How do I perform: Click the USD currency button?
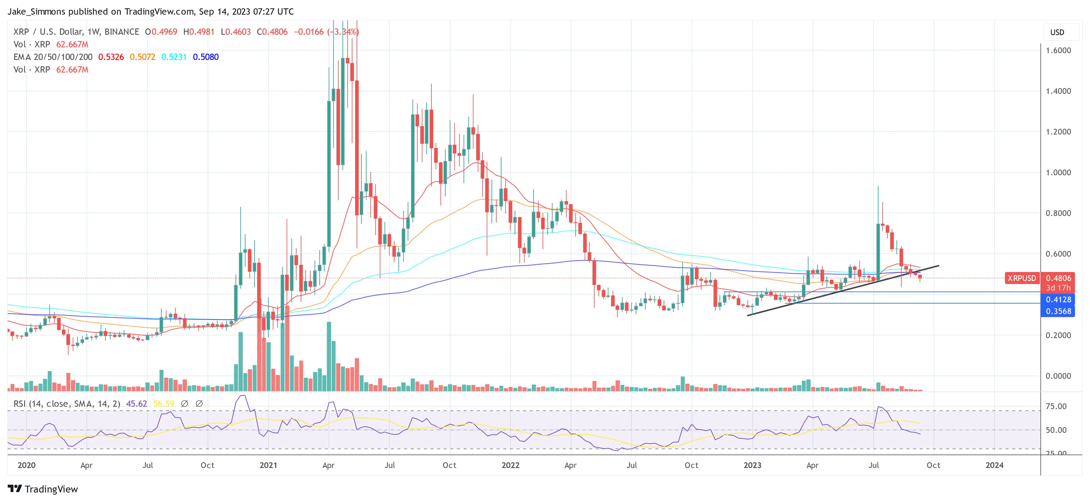tap(1057, 32)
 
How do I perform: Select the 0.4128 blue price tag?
tap(1058, 299)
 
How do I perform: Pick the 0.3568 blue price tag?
tap(1058, 311)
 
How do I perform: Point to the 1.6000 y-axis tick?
tap(1058, 50)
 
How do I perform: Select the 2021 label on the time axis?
tap(268, 465)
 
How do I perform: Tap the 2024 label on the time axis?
tap(994, 465)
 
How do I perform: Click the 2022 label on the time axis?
tap(510, 465)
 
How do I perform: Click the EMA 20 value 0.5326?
tap(111, 57)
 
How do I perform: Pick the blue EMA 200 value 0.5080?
tap(206, 57)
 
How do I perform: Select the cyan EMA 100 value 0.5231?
tap(174, 57)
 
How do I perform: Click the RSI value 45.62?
tap(136, 404)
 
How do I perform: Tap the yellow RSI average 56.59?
tap(163, 404)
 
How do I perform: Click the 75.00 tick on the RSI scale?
tap(1056, 407)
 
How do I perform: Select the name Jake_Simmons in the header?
tap(36, 11)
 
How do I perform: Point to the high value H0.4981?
tap(199, 32)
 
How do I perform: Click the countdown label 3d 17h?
tap(1058, 288)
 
